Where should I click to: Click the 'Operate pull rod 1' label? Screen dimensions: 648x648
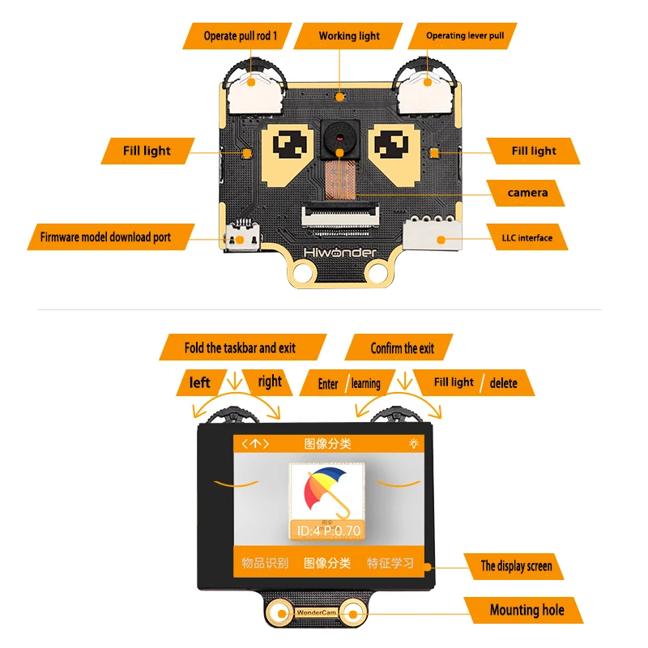[x=241, y=36]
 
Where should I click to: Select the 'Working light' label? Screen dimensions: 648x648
[x=349, y=36]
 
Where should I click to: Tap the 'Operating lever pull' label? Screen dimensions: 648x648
[x=465, y=36]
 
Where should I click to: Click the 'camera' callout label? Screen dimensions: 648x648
[x=527, y=193]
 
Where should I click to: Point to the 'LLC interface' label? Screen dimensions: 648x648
[x=526, y=238]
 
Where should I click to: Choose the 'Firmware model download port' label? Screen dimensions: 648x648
[x=105, y=237]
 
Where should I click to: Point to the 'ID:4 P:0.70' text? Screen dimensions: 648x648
[x=328, y=531]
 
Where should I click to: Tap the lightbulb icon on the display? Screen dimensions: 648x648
[x=415, y=444]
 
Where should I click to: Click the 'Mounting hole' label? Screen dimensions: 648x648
[x=526, y=610]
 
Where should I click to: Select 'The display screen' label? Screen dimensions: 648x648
[x=516, y=565]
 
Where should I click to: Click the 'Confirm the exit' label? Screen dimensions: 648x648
[x=403, y=347]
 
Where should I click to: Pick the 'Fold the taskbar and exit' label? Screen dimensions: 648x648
[x=240, y=347]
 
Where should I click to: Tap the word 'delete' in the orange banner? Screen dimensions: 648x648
[x=503, y=382]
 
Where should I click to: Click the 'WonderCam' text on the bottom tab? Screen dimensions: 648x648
[x=316, y=615]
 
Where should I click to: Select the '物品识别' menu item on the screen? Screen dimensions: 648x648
[x=265, y=563]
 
